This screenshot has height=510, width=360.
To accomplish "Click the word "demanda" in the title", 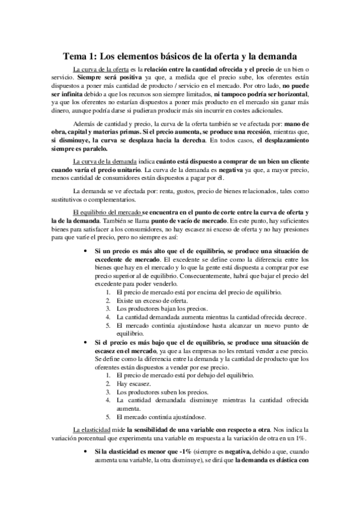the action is click(x=275, y=57).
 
